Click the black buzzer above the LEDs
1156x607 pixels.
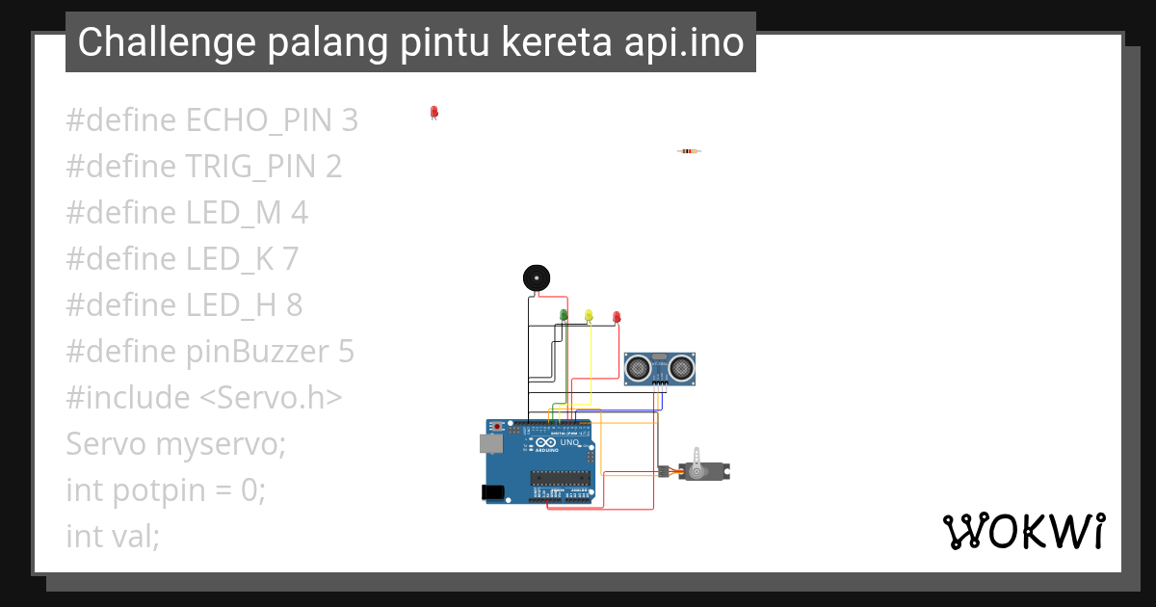click(x=536, y=277)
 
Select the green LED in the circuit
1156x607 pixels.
click(x=564, y=315)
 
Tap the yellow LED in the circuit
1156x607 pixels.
click(x=589, y=315)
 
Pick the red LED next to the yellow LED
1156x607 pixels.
click(x=617, y=316)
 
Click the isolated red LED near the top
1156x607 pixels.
click(x=433, y=113)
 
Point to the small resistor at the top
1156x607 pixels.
click(x=688, y=151)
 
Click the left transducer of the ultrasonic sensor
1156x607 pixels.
click(x=638, y=366)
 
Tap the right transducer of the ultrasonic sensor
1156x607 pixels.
click(x=681, y=366)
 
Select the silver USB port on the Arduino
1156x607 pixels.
click(x=490, y=443)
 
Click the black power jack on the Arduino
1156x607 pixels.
click(x=493, y=492)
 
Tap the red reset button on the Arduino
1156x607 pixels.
click(x=497, y=426)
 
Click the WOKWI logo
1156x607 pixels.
click(x=1023, y=531)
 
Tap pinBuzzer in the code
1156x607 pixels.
click(x=258, y=352)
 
